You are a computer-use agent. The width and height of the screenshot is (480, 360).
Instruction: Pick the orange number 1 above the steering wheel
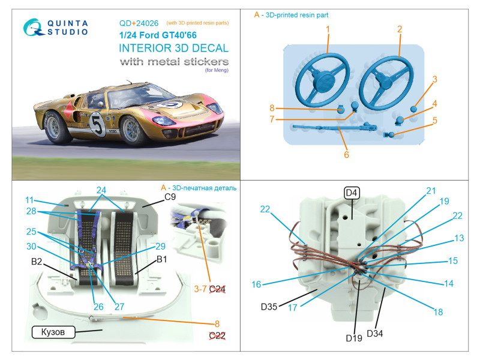tap(328, 29)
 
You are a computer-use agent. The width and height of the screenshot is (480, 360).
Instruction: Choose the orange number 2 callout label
tap(398, 29)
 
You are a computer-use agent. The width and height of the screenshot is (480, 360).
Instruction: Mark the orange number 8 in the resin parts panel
tap(272, 108)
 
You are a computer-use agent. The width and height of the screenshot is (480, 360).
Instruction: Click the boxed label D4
tap(351, 193)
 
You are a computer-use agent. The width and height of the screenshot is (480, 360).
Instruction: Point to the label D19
tap(353, 338)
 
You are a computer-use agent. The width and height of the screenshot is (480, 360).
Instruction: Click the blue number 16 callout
tap(257, 284)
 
